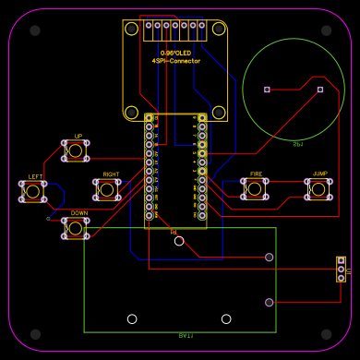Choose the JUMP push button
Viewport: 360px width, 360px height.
coord(318,188)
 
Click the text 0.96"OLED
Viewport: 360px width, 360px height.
coord(175,53)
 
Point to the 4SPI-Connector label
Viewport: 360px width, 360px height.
coord(175,61)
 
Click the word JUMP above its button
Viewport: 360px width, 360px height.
coord(319,174)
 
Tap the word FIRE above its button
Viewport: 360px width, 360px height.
coord(256,174)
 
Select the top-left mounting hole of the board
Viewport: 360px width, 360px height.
coord(35,30)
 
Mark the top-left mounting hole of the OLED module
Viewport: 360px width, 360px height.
coord(131,30)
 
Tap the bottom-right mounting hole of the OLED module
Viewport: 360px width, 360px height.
coord(219,113)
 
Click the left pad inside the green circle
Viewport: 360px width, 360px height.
coord(267,90)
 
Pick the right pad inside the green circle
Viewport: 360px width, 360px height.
coord(320,90)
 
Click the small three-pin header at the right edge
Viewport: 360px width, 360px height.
coord(342,270)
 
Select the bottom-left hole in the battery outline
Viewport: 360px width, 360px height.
coord(132,318)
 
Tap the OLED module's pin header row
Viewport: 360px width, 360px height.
coord(175,25)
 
